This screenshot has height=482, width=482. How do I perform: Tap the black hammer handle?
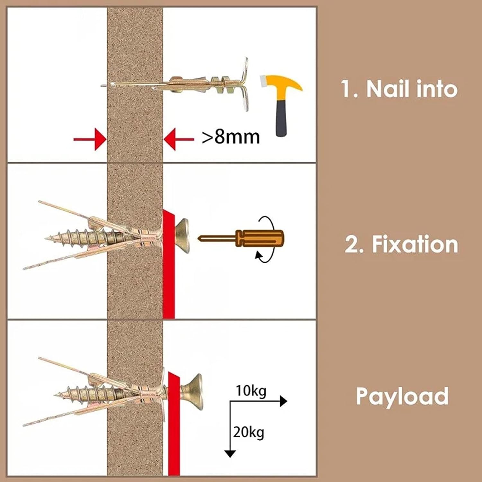tap(281, 117)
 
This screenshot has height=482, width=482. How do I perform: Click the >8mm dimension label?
tap(230, 137)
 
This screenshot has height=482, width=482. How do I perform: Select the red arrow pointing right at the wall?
tap(90, 139)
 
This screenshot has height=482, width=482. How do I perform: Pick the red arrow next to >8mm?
tap(179, 139)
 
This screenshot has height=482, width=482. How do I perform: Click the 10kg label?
tap(251, 391)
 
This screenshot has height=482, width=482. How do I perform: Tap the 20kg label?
tap(248, 432)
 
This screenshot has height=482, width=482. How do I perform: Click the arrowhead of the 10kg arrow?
tap(283, 401)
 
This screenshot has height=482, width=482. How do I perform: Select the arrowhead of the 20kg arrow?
tap(230, 453)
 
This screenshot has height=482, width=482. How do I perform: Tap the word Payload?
tap(402, 396)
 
